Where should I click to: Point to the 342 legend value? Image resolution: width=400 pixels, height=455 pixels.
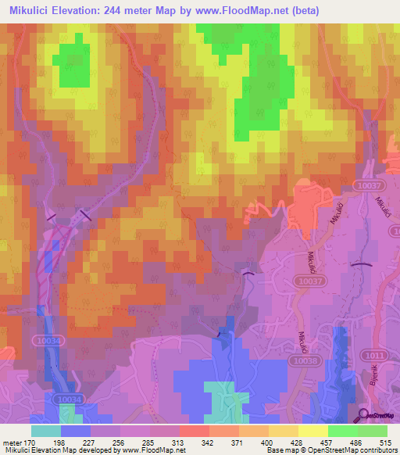(209, 442)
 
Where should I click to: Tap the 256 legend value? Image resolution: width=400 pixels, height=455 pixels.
(120, 442)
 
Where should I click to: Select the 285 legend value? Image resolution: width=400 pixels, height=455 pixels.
(149, 442)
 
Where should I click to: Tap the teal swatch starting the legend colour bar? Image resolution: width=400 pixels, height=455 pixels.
(45, 431)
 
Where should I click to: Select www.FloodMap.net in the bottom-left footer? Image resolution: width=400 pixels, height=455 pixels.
(154, 450)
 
